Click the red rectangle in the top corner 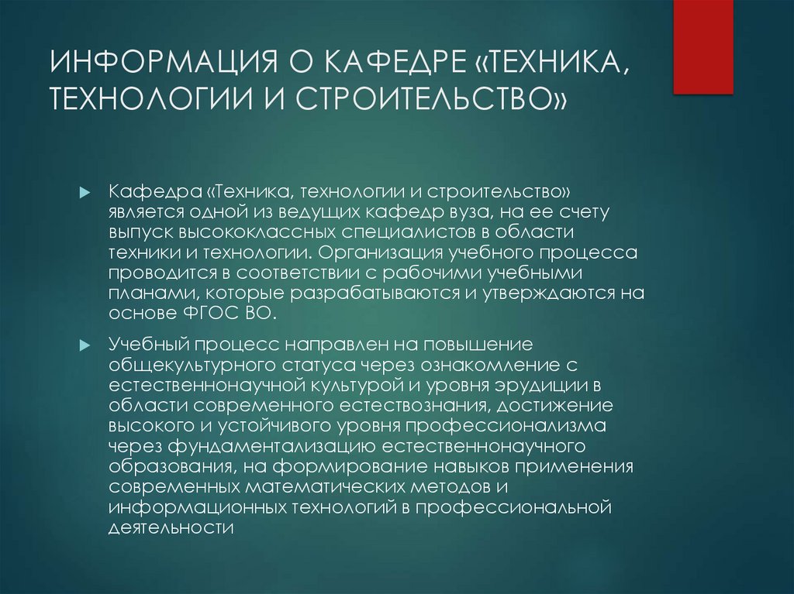[703, 46]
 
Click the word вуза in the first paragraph [448, 212]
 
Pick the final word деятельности [172, 526]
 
